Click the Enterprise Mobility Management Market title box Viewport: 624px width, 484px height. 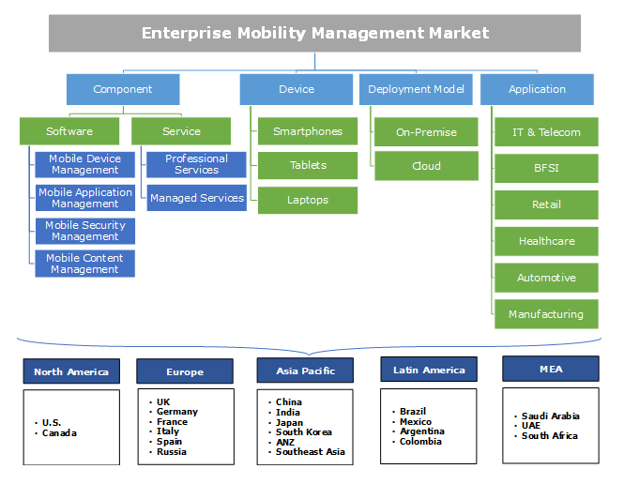(315, 34)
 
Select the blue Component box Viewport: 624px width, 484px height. (122, 90)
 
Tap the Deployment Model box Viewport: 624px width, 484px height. (417, 90)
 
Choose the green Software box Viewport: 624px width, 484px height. (69, 131)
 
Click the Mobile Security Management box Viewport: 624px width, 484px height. (85, 231)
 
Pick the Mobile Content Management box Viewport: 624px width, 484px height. (85, 264)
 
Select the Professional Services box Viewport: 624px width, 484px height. (196, 164)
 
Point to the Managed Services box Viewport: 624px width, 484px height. (196, 198)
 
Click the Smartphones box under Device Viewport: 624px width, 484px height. (308, 131)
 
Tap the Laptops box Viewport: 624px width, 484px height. (308, 199)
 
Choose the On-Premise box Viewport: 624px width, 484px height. (426, 132)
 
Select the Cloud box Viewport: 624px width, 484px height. (426, 166)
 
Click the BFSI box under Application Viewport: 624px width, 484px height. (546, 169)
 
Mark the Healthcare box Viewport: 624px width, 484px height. (546, 241)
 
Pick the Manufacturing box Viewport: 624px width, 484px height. (546, 314)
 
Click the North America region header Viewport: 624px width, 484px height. (71, 371)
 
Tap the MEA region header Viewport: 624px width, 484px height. (551, 369)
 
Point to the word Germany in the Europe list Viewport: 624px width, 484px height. (177, 412)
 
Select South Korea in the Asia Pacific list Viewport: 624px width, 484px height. (304, 432)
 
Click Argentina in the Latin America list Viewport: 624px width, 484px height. (422, 431)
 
